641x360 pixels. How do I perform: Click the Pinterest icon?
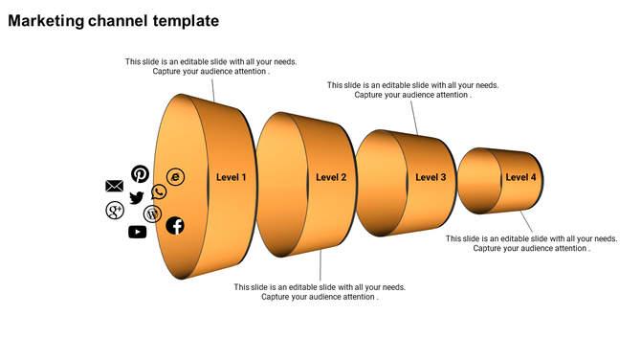coord(141,173)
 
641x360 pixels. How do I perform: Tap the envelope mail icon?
coord(114,186)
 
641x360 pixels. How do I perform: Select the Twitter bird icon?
coord(136,197)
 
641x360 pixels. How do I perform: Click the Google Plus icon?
coord(115,210)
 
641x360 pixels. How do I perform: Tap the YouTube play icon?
coord(137,231)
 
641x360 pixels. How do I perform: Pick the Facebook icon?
coord(175,226)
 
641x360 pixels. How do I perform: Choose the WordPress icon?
coord(152,214)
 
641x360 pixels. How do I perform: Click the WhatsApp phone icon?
coord(159,192)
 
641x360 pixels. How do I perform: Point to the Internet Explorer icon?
coord(175,177)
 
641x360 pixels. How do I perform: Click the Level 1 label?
coord(231,177)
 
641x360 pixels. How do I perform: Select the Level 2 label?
coord(331,177)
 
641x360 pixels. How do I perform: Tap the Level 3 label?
coord(431,177)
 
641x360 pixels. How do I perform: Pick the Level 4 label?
coord(520,177)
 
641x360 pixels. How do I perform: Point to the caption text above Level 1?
coord(210,66)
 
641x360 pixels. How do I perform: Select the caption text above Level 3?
coord(412,90)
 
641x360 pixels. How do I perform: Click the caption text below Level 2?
coord(320,292)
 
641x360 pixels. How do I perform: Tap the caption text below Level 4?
coord(532,243)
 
